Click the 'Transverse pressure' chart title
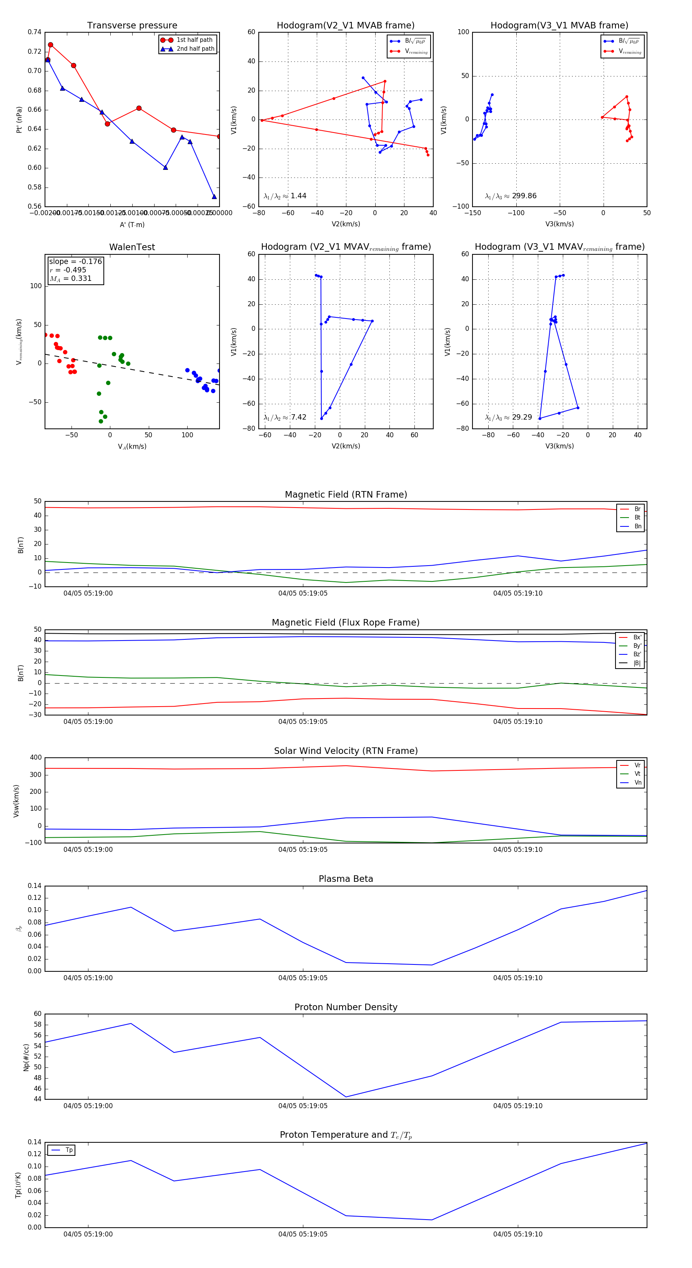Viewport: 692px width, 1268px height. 132,26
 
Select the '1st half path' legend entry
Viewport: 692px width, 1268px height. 194,40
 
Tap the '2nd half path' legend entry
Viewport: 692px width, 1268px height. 195,49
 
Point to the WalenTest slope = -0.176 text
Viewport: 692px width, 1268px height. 75,261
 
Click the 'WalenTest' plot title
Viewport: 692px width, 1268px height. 132,247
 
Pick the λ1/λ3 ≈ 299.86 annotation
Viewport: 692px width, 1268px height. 511,196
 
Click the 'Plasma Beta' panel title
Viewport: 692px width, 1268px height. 346,879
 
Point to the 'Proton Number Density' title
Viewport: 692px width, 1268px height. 346,1007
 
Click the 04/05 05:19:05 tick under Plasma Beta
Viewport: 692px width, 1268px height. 303,978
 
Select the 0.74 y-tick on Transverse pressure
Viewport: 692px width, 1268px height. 35,32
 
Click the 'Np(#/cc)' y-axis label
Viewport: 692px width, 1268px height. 26,1057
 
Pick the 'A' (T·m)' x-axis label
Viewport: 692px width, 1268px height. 132,224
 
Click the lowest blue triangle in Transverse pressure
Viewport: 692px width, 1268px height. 214,197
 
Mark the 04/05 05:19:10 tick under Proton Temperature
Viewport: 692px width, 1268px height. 517,1234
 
